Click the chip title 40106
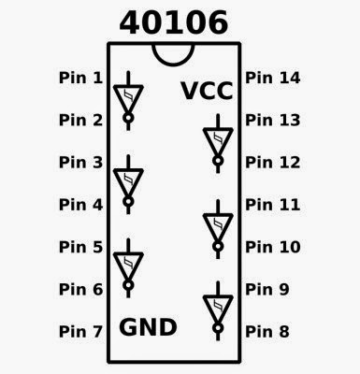coord(175,23)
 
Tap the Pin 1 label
coord(81,78)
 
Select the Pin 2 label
coord(81,120)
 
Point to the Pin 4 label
coord(81,204)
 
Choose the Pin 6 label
coord(81,289)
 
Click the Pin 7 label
coord(81,331)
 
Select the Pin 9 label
coord(269,289)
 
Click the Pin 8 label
coord(269,331)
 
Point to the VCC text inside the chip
coord(207,92)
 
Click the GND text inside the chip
coord(148,327)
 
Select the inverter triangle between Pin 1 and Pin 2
coord(128,97)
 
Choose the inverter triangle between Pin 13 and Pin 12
coord(218,140)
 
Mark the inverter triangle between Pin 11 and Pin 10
coord(218,224)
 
